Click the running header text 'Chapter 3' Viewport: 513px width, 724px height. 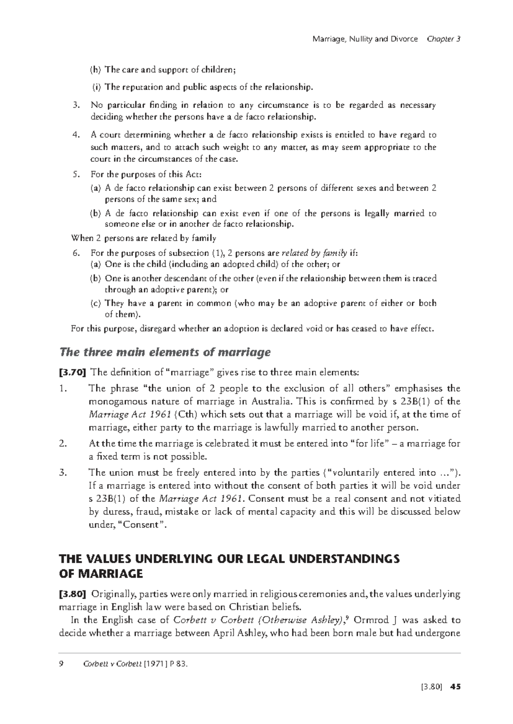pyautogui.click(x=443, y=39)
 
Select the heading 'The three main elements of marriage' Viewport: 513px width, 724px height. pyautogui.click(x=165, y=352)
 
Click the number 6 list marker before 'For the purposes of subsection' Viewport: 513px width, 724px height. pyautogui.click(x=76, y=253)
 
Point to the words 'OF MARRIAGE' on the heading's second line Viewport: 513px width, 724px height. pyautogui.click(x=100, y=574)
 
